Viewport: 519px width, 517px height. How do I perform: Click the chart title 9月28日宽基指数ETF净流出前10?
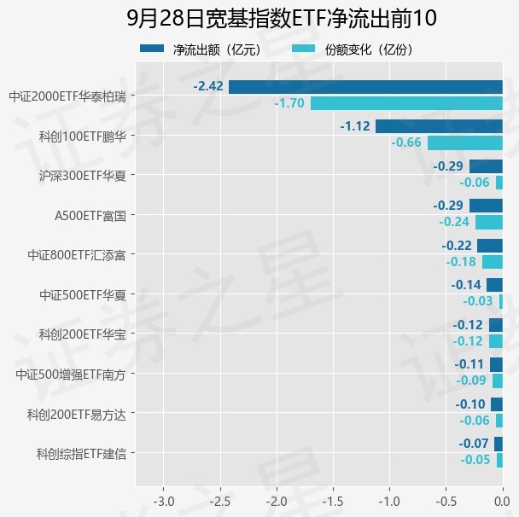coord(282,18)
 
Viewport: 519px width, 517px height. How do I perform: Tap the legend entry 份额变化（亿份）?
coord(353,50)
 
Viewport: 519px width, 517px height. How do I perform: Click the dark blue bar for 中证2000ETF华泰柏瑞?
coord(365,87)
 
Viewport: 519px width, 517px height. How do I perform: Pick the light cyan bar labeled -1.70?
coord(406,103)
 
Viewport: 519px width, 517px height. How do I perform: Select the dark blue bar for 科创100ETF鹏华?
coord(439,126)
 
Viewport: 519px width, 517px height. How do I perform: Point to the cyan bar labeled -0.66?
coord(465,142)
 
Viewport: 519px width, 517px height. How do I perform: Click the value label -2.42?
coord(208,86)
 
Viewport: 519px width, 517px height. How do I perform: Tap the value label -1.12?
coord(355,126)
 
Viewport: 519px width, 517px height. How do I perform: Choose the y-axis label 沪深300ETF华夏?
coord(83,176)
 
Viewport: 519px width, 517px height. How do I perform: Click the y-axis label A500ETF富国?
coord(90,216)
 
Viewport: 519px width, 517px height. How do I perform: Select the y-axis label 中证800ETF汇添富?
coord(77,255)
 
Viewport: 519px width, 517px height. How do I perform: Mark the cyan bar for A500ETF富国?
coord(489,223)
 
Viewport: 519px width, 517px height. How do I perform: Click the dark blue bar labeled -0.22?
coord(490,246)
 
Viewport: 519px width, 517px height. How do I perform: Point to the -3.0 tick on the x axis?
coord(164,502)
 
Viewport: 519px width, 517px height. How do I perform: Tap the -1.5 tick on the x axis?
coord(333,502)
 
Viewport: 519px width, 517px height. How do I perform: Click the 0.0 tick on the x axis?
coord(502,502)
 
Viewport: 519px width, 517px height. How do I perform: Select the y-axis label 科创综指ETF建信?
coord(81,454)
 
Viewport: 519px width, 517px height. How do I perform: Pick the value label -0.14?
coord(466,285)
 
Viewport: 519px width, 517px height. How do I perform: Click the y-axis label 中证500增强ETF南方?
coord(71,375)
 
